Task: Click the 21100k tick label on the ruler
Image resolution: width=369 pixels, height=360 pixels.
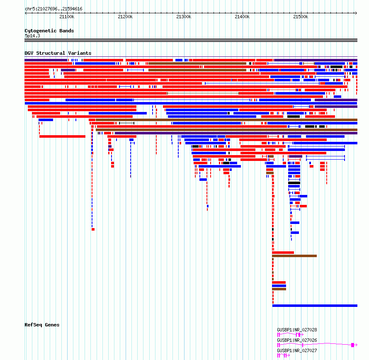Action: pos(67,17)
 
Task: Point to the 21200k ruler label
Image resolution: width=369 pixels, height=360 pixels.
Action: pos(125,17)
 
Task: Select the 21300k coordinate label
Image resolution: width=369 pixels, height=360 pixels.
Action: pos(184,17)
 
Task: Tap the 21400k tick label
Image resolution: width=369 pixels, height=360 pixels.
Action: pos(242,17)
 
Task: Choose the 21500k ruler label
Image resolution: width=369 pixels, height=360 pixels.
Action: pos(301,17)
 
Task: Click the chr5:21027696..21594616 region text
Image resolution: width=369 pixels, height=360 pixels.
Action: pos(53,9)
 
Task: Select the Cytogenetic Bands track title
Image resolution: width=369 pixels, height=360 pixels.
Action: pos(49,31)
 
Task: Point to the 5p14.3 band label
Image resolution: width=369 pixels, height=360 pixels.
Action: pos(32,36)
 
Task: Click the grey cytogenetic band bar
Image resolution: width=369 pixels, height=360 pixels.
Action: pos(191,40)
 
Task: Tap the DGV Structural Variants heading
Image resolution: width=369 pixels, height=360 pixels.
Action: pos(58,53)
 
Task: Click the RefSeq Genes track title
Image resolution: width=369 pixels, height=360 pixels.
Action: pos(42,325)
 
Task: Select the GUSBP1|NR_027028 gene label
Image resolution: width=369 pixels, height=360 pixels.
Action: pos(297,330)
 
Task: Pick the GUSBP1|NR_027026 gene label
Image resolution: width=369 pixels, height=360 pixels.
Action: pos(297,340)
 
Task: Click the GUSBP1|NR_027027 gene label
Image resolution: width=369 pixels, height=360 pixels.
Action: pos(297,350)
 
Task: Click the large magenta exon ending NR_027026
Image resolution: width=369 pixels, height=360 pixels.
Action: pos(352,345)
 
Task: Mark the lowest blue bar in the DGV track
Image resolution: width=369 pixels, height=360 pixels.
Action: pos(315,306)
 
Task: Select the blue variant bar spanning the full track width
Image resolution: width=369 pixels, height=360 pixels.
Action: pos(191,103)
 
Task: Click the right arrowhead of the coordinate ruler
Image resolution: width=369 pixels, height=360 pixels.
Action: pos(357,13)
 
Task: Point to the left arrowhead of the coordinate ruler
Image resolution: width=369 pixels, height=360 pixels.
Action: pos(25,13)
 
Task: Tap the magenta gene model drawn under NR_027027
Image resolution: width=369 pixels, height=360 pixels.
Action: pos(284,355)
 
